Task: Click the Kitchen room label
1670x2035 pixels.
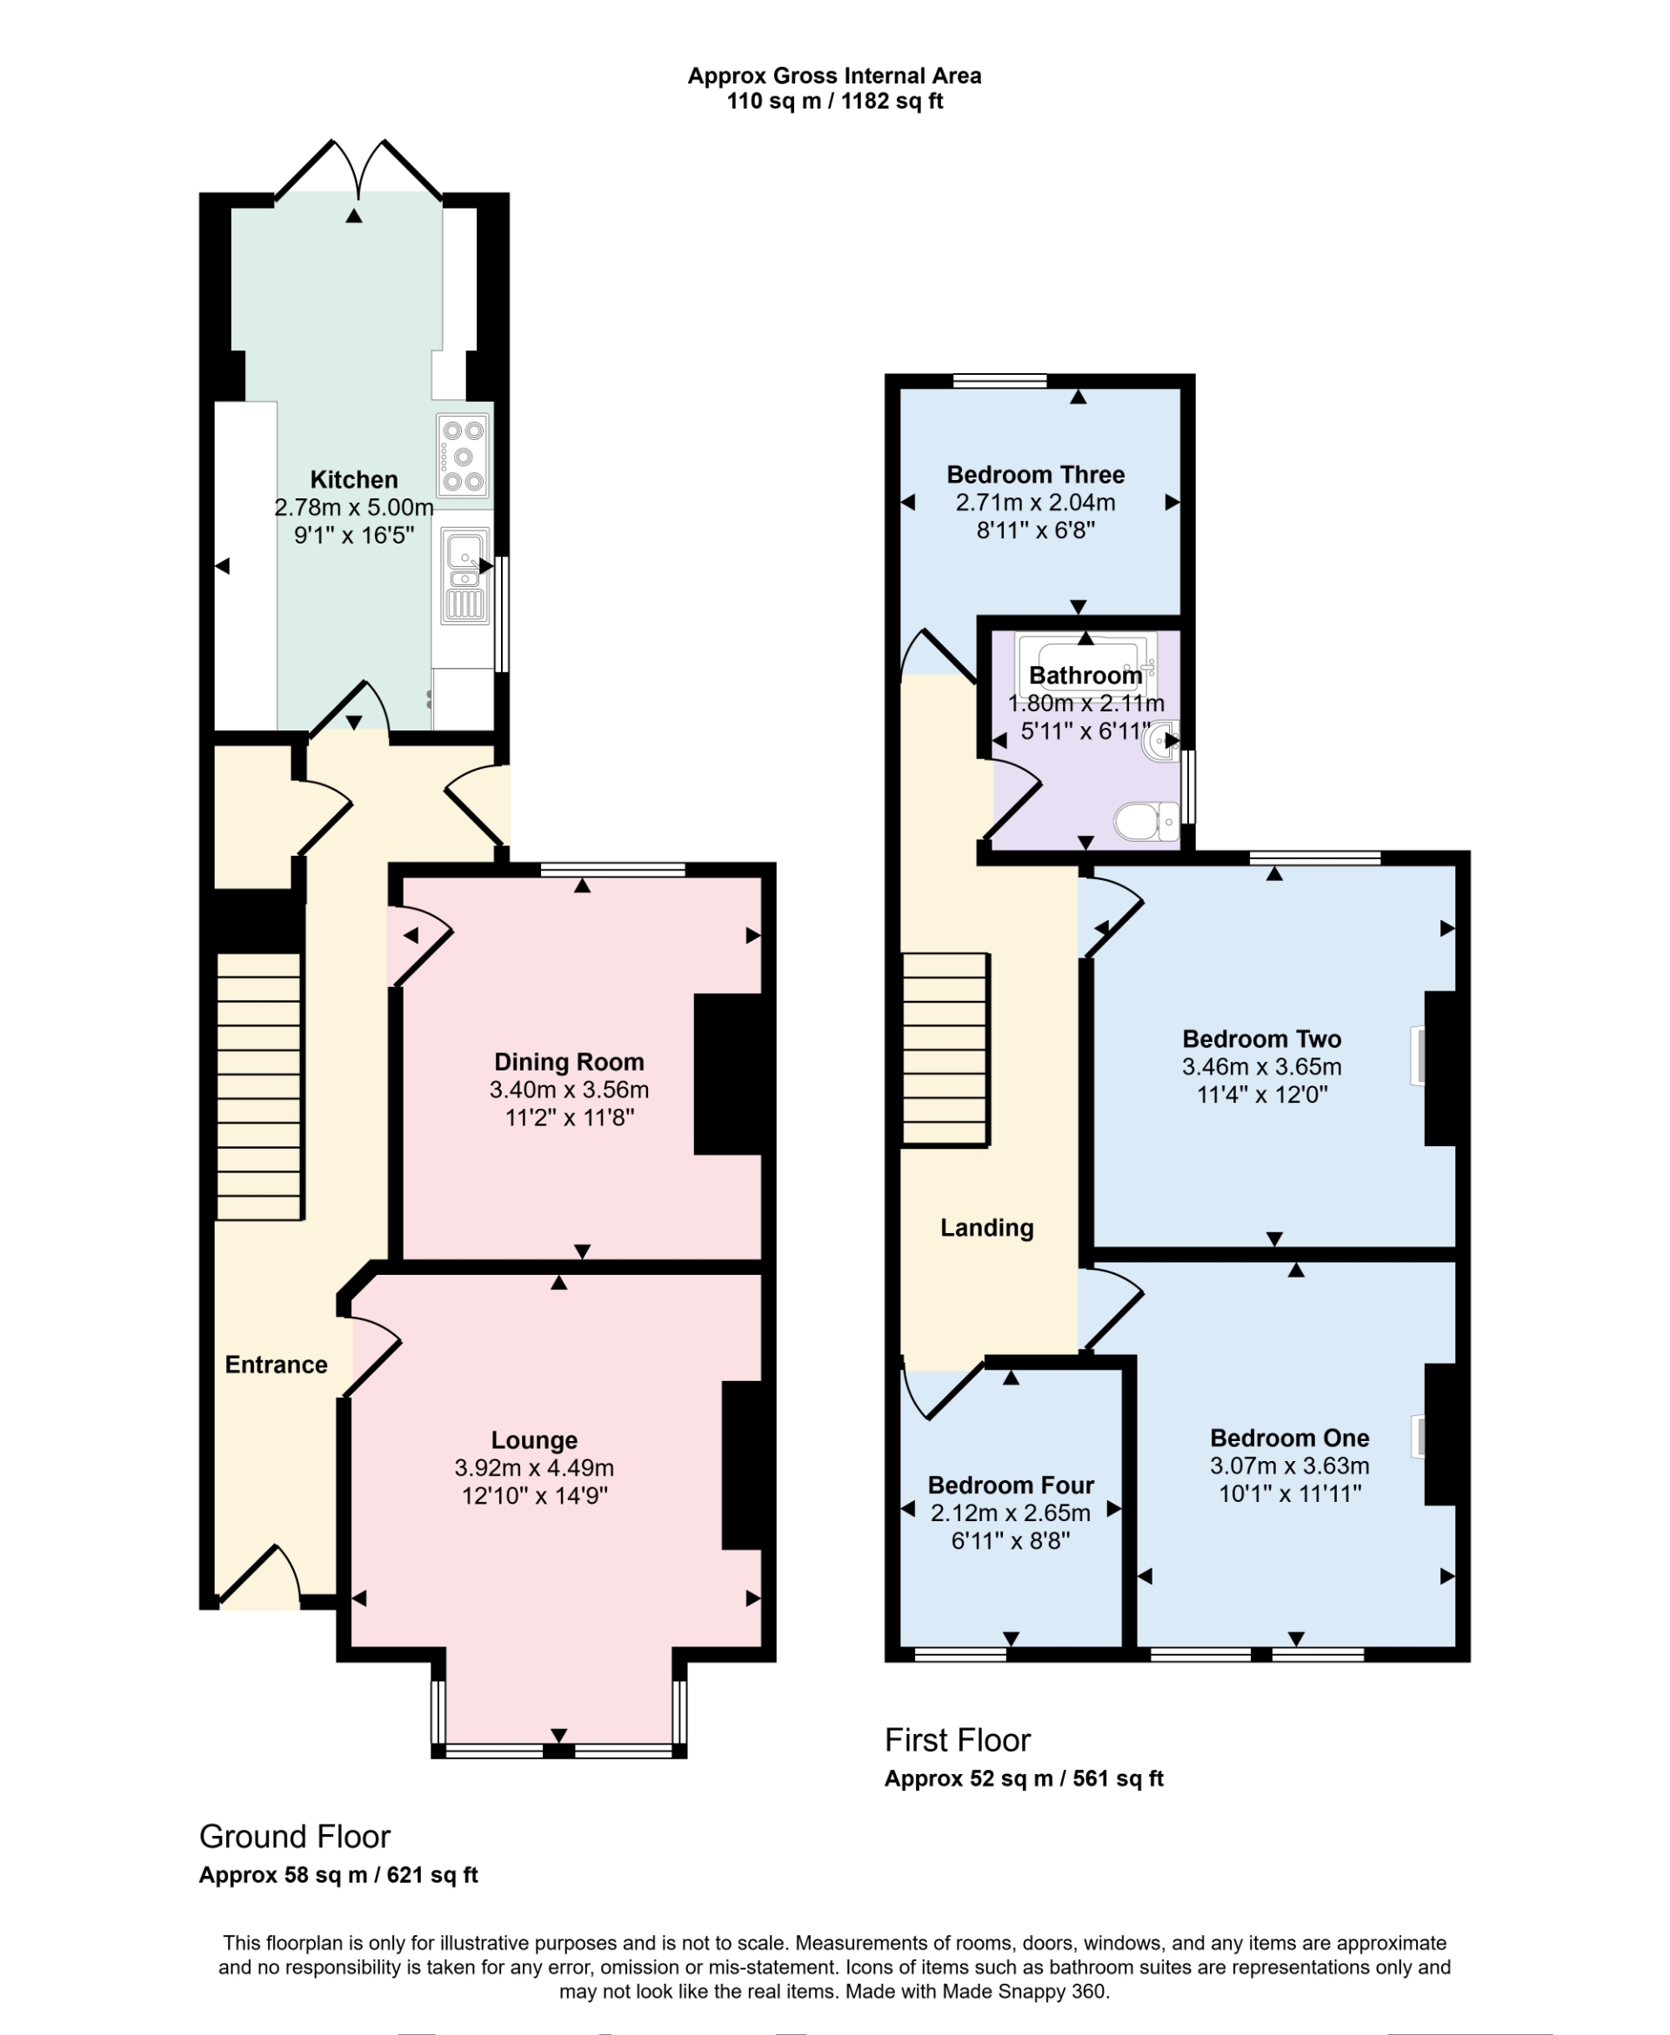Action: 353,480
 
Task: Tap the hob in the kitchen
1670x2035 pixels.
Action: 463,455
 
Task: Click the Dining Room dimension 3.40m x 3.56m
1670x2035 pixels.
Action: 569,1090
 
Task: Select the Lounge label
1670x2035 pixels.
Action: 534,1439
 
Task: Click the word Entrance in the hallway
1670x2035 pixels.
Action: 276,1364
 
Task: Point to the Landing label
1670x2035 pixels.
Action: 987,1227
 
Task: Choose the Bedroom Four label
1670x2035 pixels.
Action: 1011,1485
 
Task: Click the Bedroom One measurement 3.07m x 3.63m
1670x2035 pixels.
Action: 1289,1465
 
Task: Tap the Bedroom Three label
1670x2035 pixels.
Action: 1035,474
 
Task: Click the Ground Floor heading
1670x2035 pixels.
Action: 294,1836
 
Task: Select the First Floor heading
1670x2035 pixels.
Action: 957,1740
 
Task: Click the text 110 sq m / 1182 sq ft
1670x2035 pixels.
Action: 834,101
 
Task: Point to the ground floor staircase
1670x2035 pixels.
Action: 259,1087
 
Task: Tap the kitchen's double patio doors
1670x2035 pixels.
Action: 357,173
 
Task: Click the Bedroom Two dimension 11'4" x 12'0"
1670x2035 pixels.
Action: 1261,1094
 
